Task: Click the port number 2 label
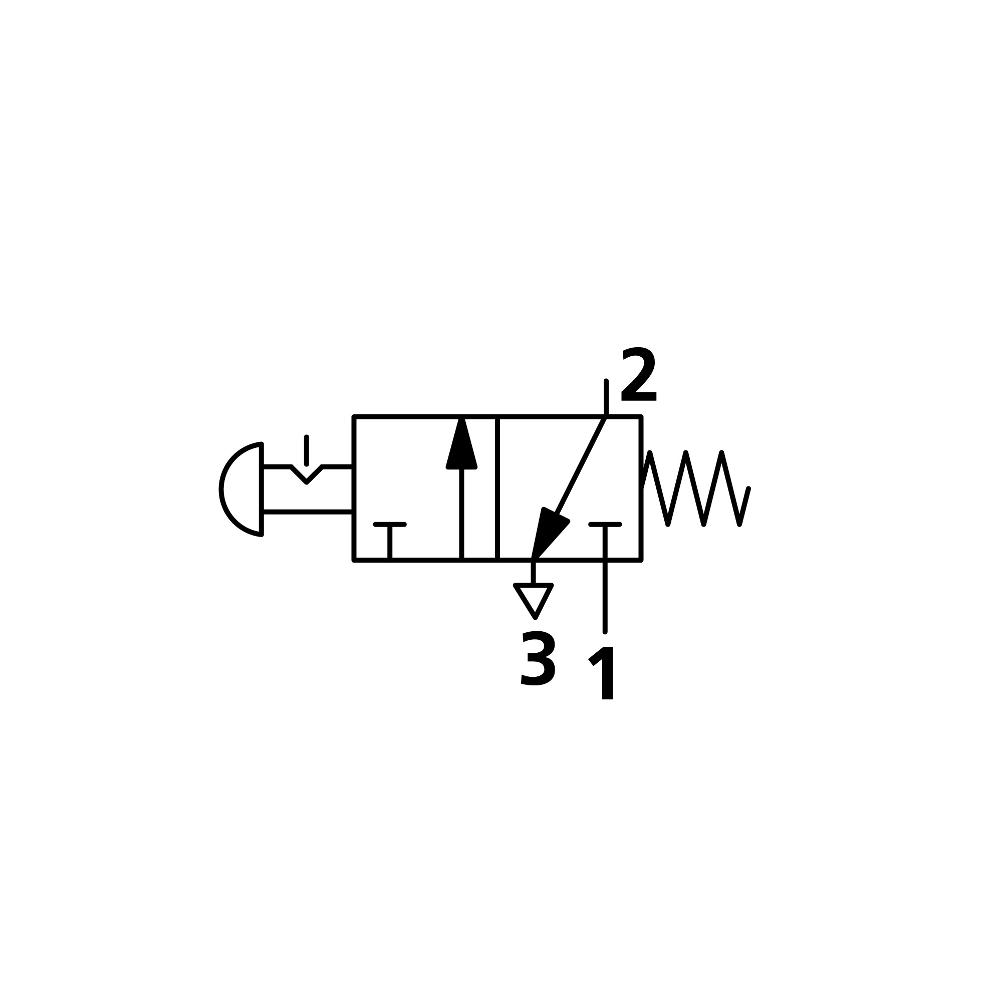coord(639,374)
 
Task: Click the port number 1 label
coord(603,673)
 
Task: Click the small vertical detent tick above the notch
coord(307,450)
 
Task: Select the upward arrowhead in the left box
coord(461,446)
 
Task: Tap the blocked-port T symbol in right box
coord(605,525)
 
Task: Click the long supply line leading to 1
coord(605,596)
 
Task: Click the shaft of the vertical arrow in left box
coord(461,514)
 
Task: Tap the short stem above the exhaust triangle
coord(533,572)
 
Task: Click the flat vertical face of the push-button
coord(262,489)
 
